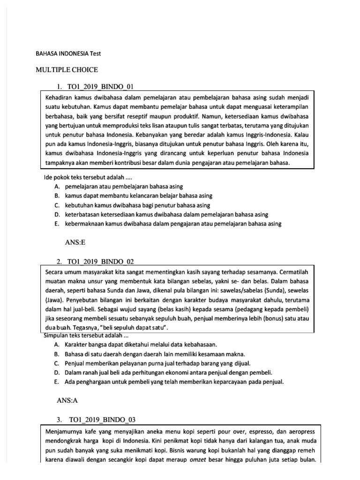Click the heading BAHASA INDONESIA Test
coord(68,53)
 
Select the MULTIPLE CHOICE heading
coord(67,70)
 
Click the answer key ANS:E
coord(78,243)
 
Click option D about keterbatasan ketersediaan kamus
coord(166,214)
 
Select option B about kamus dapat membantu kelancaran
coord(139,196)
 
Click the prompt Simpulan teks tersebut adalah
coord(86,336)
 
